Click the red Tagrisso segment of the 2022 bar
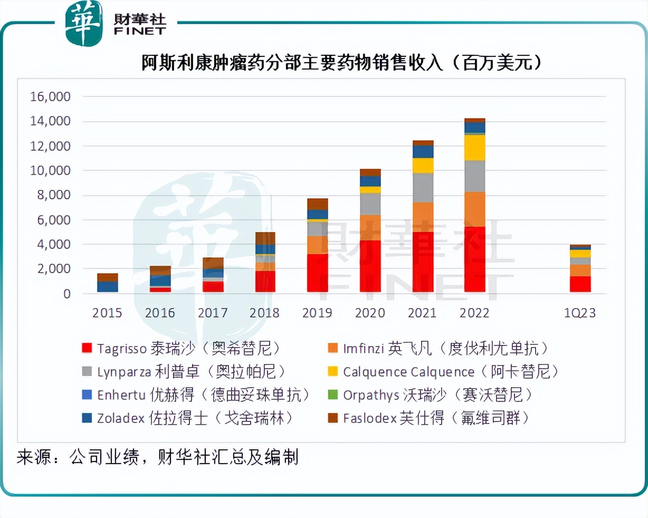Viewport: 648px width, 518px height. point(474,259)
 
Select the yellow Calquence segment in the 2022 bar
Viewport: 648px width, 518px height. point(474,148)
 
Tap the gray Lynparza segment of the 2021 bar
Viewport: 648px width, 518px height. point(422,188)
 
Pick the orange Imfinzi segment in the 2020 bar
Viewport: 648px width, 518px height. point(370,227)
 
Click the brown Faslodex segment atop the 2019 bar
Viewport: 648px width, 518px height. point(317,204)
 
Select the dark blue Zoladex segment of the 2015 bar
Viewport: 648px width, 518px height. point(108,286)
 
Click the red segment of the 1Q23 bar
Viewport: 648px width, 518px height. point(580,284)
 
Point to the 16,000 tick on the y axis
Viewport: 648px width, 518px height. point(50,97)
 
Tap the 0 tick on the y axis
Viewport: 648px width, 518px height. point(67,294)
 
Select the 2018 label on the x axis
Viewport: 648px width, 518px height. point(264,313)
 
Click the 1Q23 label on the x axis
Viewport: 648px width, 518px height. point(579,313)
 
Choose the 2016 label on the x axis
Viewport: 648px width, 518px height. point(160,313)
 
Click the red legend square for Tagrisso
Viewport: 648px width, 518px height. point(87,348)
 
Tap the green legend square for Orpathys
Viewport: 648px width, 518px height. point(332,395)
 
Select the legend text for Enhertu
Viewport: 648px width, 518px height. point(203,395)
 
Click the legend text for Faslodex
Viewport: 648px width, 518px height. point(435,418)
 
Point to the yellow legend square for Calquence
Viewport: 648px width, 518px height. point(332,371)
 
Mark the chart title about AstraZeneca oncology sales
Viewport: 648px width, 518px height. point(341,63)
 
